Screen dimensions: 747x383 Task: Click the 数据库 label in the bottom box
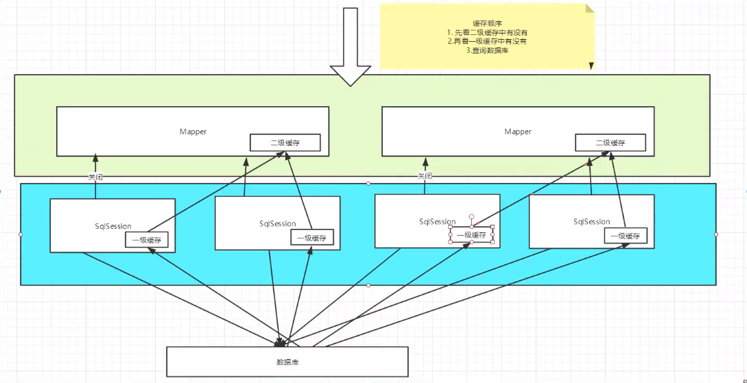click(287, 362)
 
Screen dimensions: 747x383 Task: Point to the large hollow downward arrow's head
click(350, 75)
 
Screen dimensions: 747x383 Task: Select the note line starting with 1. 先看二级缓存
click(486, 33)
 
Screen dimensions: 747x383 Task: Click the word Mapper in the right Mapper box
click(518, 131)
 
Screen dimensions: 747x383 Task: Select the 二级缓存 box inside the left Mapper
click(285, 143)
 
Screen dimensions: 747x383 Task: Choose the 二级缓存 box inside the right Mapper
click(610, 143)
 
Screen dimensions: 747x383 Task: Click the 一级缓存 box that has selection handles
click(471, 234)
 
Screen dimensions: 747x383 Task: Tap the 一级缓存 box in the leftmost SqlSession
click(147, 240)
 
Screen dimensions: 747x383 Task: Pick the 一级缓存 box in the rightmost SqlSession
click(626, 236)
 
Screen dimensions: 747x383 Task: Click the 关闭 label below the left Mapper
click(95, 177)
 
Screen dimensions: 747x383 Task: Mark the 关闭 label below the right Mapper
click(425, 176)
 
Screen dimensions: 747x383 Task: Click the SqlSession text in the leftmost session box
click(113, 226)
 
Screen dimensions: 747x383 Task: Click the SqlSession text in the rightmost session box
click(592, 222)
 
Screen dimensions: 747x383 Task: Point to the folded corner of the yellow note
click(590, 8)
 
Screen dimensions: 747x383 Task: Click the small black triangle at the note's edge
click(591, 66)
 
